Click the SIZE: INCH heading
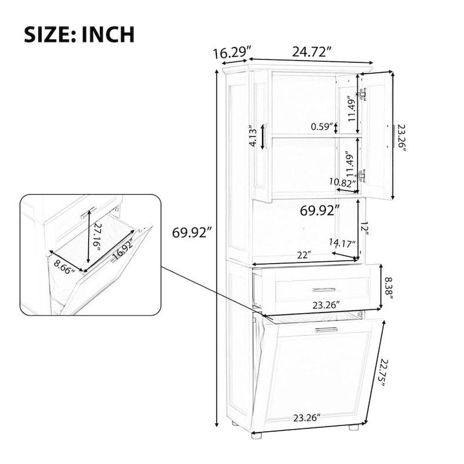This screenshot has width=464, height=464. click(78, 34)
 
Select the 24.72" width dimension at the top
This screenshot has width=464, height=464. click(311, 51)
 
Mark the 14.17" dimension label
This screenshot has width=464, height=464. click(342, 244)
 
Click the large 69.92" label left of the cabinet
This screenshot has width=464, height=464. click(191, 233)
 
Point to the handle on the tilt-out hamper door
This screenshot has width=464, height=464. click(326, 329)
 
